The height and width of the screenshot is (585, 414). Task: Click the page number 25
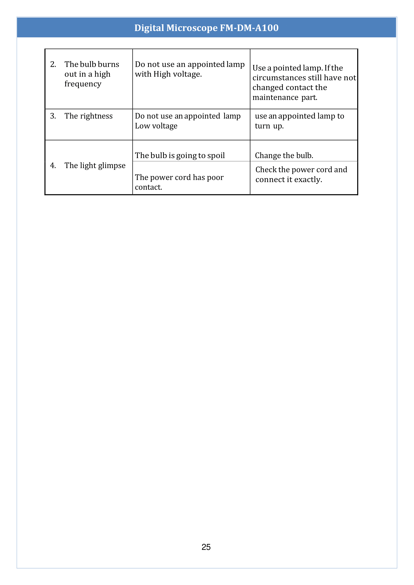pyautogui.click(x=206, y=547)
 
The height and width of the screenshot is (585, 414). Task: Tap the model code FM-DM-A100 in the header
pyautogui.click(x=249, y=28)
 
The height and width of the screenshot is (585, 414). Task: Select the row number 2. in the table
pyautogui.click(x=53, y=64)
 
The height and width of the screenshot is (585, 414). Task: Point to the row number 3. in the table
pyautogui.click(x=53, y=116)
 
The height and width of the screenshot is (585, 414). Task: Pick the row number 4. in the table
pyautogui.click(x=53, y=166)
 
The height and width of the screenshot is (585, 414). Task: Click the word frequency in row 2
pyautogui.click(x=83, y=84)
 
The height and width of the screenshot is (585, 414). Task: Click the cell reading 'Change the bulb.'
pyautogui.click(x=284, y=156)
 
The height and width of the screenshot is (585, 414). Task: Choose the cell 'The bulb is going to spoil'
pyautogui.click(x=180, y=156)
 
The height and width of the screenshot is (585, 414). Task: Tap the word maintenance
pyautogui.click(x=275, y=98)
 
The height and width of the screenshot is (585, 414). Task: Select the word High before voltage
pyautogui.click(x=162, y=74)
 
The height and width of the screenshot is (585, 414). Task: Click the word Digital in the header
pyautogui.click(x=149, y=28)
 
